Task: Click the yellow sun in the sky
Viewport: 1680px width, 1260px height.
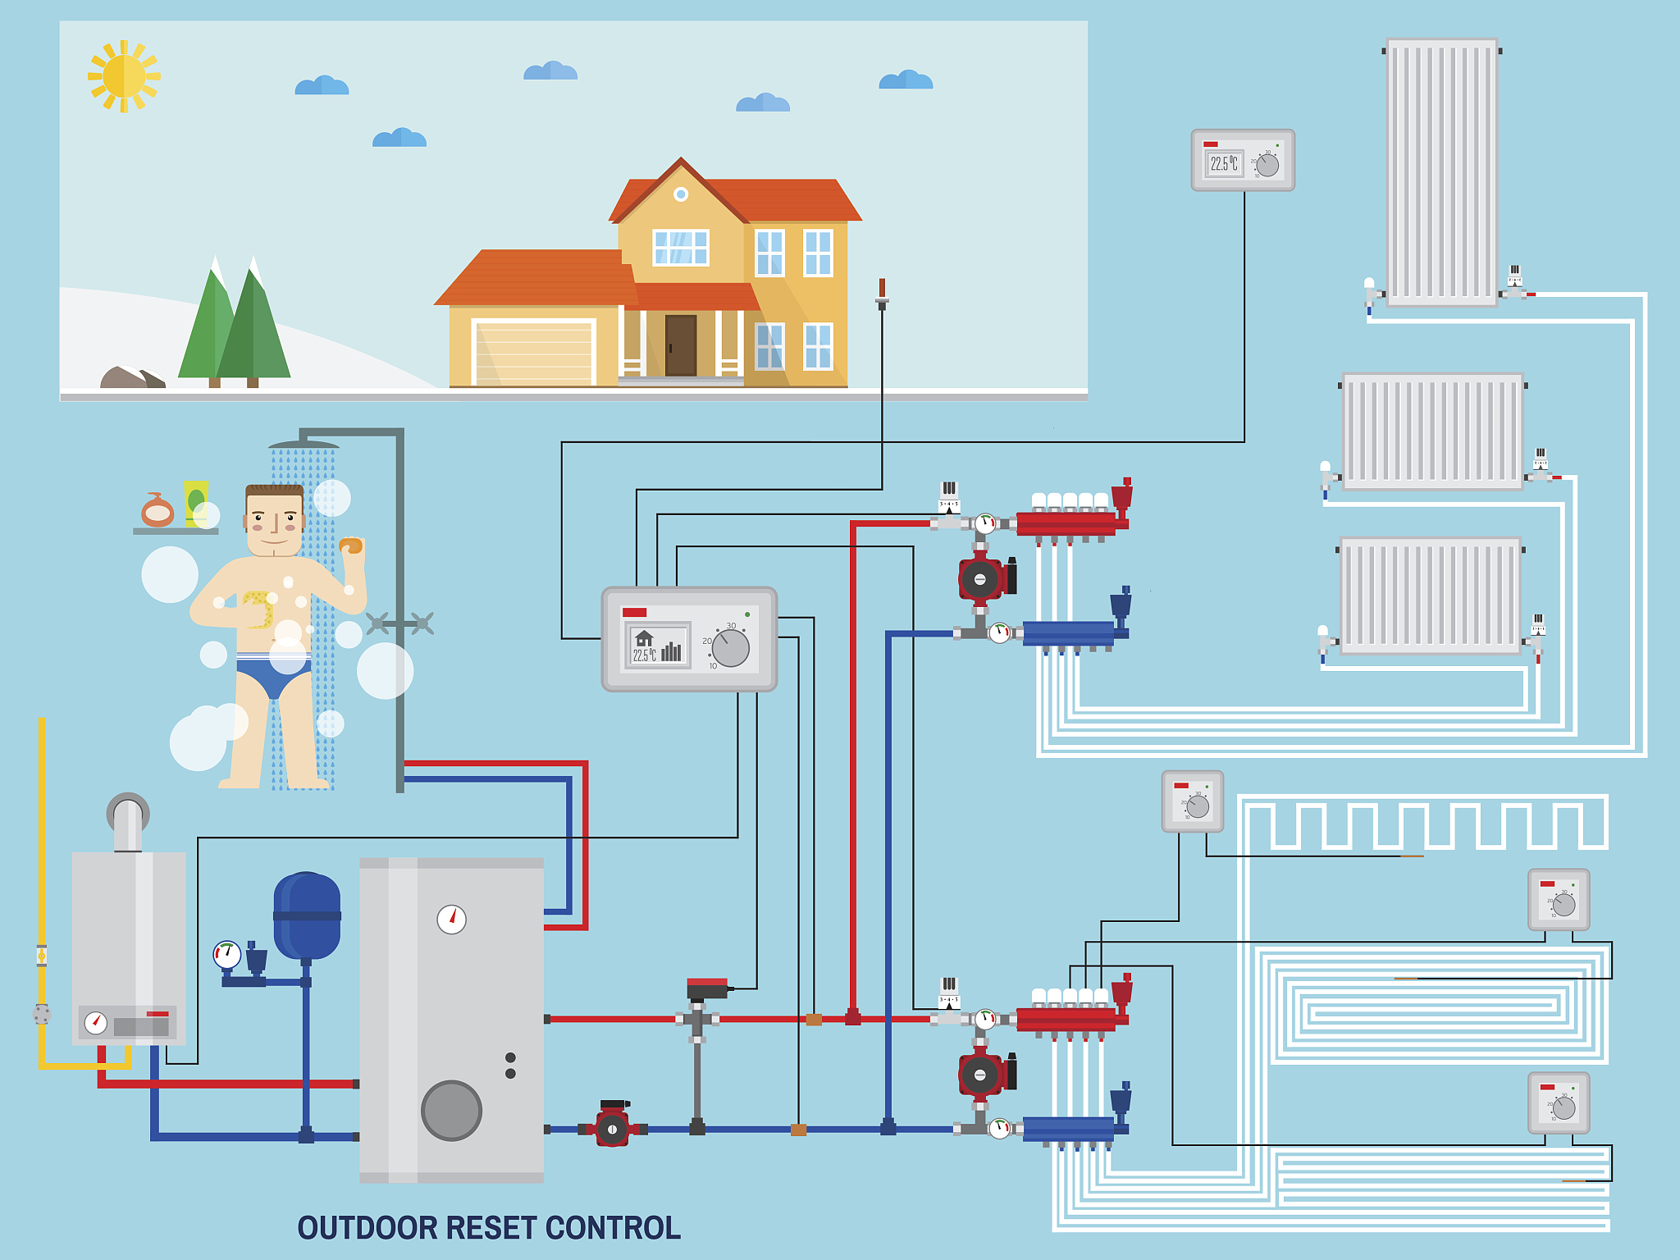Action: click(x=124, y=76)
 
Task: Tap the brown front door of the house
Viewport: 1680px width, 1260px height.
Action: click(x=681, y=345)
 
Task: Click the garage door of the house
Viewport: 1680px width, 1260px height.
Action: click(x=533, y=353)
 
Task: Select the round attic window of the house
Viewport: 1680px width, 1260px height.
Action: click(x=681, y=194)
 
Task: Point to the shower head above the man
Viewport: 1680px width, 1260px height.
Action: click(x=304, y=445)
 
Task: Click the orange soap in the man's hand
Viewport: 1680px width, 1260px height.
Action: click(x=351, y=546)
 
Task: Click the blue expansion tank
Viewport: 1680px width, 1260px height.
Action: click(x=307, y=915)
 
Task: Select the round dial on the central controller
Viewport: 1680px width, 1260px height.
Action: click(x=730, y=648)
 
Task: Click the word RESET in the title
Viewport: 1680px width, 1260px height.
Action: click(x=491, y=1228)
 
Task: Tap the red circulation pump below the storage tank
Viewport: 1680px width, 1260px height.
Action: click(x=612, y=1129)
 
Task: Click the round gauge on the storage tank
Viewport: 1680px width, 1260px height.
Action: click(x=451, y=920)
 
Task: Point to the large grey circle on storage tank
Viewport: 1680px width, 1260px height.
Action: click(x=451, y=1111)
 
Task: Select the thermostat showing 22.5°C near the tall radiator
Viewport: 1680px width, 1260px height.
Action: click(x=1242, y=161)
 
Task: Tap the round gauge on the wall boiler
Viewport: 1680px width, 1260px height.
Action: click(x=96, y=1022)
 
